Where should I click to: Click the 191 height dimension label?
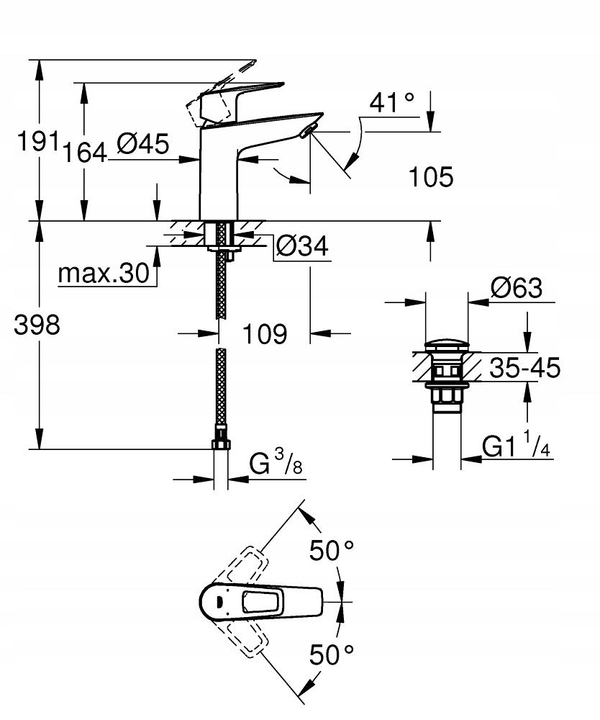click(37, 142)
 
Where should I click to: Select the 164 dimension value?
click(84, 153)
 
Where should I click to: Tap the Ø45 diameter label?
click(142, 144)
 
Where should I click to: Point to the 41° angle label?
click(392, 103)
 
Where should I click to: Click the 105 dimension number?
click(431, 176)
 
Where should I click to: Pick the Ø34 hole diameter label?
click(302, 247)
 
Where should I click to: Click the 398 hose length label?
click(37, 325)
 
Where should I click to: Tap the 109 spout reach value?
click(264, 333)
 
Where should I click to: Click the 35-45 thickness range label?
click(524, 368)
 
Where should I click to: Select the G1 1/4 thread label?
click(516, 447)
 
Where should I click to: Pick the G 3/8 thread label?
click(276, 464)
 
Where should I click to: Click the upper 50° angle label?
click(332, 552)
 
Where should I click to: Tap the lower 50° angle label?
click(332, 654)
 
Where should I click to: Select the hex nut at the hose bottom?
click(221, 442)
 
